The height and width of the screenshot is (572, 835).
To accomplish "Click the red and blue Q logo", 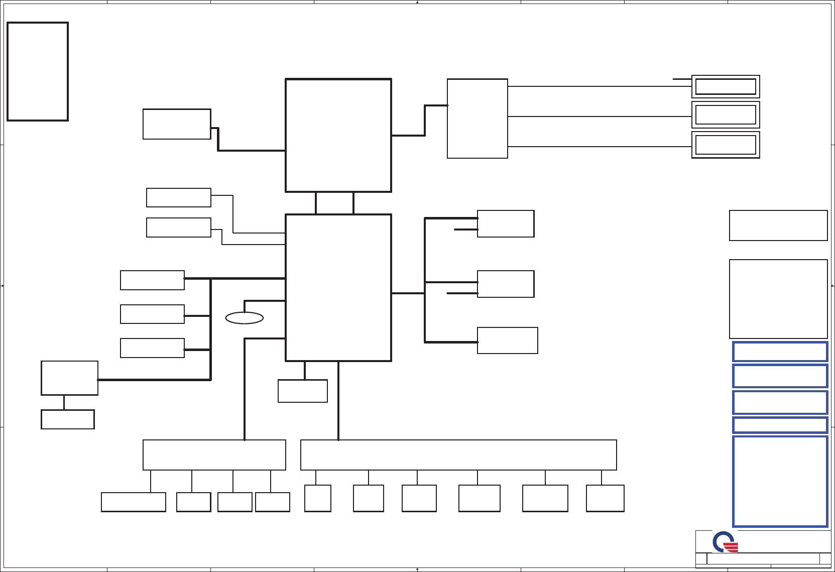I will point(725,542).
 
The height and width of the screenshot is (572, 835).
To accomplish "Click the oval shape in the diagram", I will point(245,318).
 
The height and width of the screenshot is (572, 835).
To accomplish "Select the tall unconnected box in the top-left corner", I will point(38,71).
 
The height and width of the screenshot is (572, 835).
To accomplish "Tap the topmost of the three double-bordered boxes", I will point(726,86).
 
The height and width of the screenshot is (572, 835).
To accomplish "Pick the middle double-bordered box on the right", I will point(726,115).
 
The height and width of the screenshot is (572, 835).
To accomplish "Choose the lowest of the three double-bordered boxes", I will point(726,145).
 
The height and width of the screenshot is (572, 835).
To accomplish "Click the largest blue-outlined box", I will point(780,481).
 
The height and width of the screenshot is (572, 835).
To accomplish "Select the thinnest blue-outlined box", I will point(780,425).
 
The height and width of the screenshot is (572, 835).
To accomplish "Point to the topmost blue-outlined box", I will point(780,352).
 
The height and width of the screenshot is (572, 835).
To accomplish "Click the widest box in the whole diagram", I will point(458,455).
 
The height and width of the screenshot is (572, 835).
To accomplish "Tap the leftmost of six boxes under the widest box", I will point(318,498).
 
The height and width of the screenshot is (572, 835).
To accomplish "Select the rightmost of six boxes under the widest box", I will point(605,498).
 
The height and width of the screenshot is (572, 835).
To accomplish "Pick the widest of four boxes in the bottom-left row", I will point(134,502).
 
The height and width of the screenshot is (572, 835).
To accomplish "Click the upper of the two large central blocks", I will point(338,135).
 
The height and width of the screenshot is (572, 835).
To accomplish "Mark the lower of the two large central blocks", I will point(338,287).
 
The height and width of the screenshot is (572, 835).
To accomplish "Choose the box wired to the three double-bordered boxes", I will point(477,119).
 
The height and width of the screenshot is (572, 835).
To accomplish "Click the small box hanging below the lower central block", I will point(302,391).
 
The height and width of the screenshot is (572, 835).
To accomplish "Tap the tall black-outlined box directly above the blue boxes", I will point(778,299).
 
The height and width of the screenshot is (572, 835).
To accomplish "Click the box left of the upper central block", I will point(177,124).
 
